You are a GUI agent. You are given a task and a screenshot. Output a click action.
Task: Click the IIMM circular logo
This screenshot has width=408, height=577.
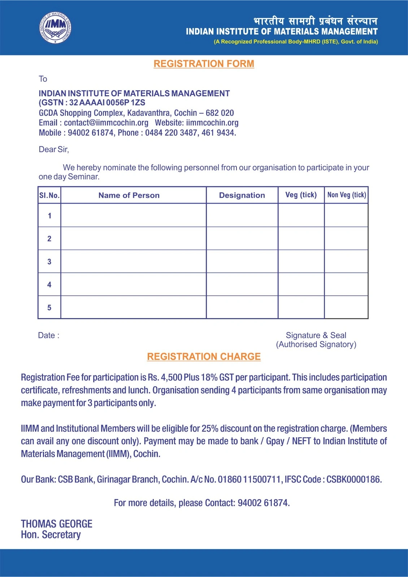coord(55,28)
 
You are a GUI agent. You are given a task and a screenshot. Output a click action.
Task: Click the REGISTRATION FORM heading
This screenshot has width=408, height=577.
coord(204,64)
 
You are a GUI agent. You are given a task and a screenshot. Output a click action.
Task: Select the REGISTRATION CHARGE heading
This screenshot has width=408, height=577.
coord(204,357)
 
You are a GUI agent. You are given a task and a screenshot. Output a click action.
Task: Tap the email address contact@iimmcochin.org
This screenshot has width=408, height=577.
coord(106,123)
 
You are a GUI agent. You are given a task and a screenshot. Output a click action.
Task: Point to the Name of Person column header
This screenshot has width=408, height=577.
coord(129,195)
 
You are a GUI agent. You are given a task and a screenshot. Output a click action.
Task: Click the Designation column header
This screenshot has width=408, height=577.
coord(242,195)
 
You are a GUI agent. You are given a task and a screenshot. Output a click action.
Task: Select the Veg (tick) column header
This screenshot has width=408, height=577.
coord(301,195)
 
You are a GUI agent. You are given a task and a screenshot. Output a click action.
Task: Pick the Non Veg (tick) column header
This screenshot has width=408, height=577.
coord(346,195)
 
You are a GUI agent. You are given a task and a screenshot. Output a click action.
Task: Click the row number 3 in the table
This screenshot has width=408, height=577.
coord(49,262)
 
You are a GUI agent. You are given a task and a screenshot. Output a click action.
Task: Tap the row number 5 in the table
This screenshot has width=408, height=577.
coord(49,308)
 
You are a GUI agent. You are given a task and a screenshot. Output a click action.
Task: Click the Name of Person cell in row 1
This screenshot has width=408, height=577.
coord(133,215)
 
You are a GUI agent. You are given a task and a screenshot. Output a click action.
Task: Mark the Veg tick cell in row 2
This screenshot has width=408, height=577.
coord(301,238)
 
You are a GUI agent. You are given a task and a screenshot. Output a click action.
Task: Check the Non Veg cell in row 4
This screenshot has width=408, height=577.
coord(346,285)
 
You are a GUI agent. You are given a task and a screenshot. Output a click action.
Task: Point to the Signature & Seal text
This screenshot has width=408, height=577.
coord(316,335)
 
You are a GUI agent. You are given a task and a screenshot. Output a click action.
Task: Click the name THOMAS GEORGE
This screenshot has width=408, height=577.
coord(57,524)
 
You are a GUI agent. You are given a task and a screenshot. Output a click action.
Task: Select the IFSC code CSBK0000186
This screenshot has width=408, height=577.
coord(353,480)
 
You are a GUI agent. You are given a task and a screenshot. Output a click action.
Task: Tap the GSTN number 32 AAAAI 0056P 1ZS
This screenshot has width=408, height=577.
coord(107,103)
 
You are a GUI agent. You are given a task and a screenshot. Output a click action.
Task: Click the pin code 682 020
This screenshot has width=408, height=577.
coord(220,113)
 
